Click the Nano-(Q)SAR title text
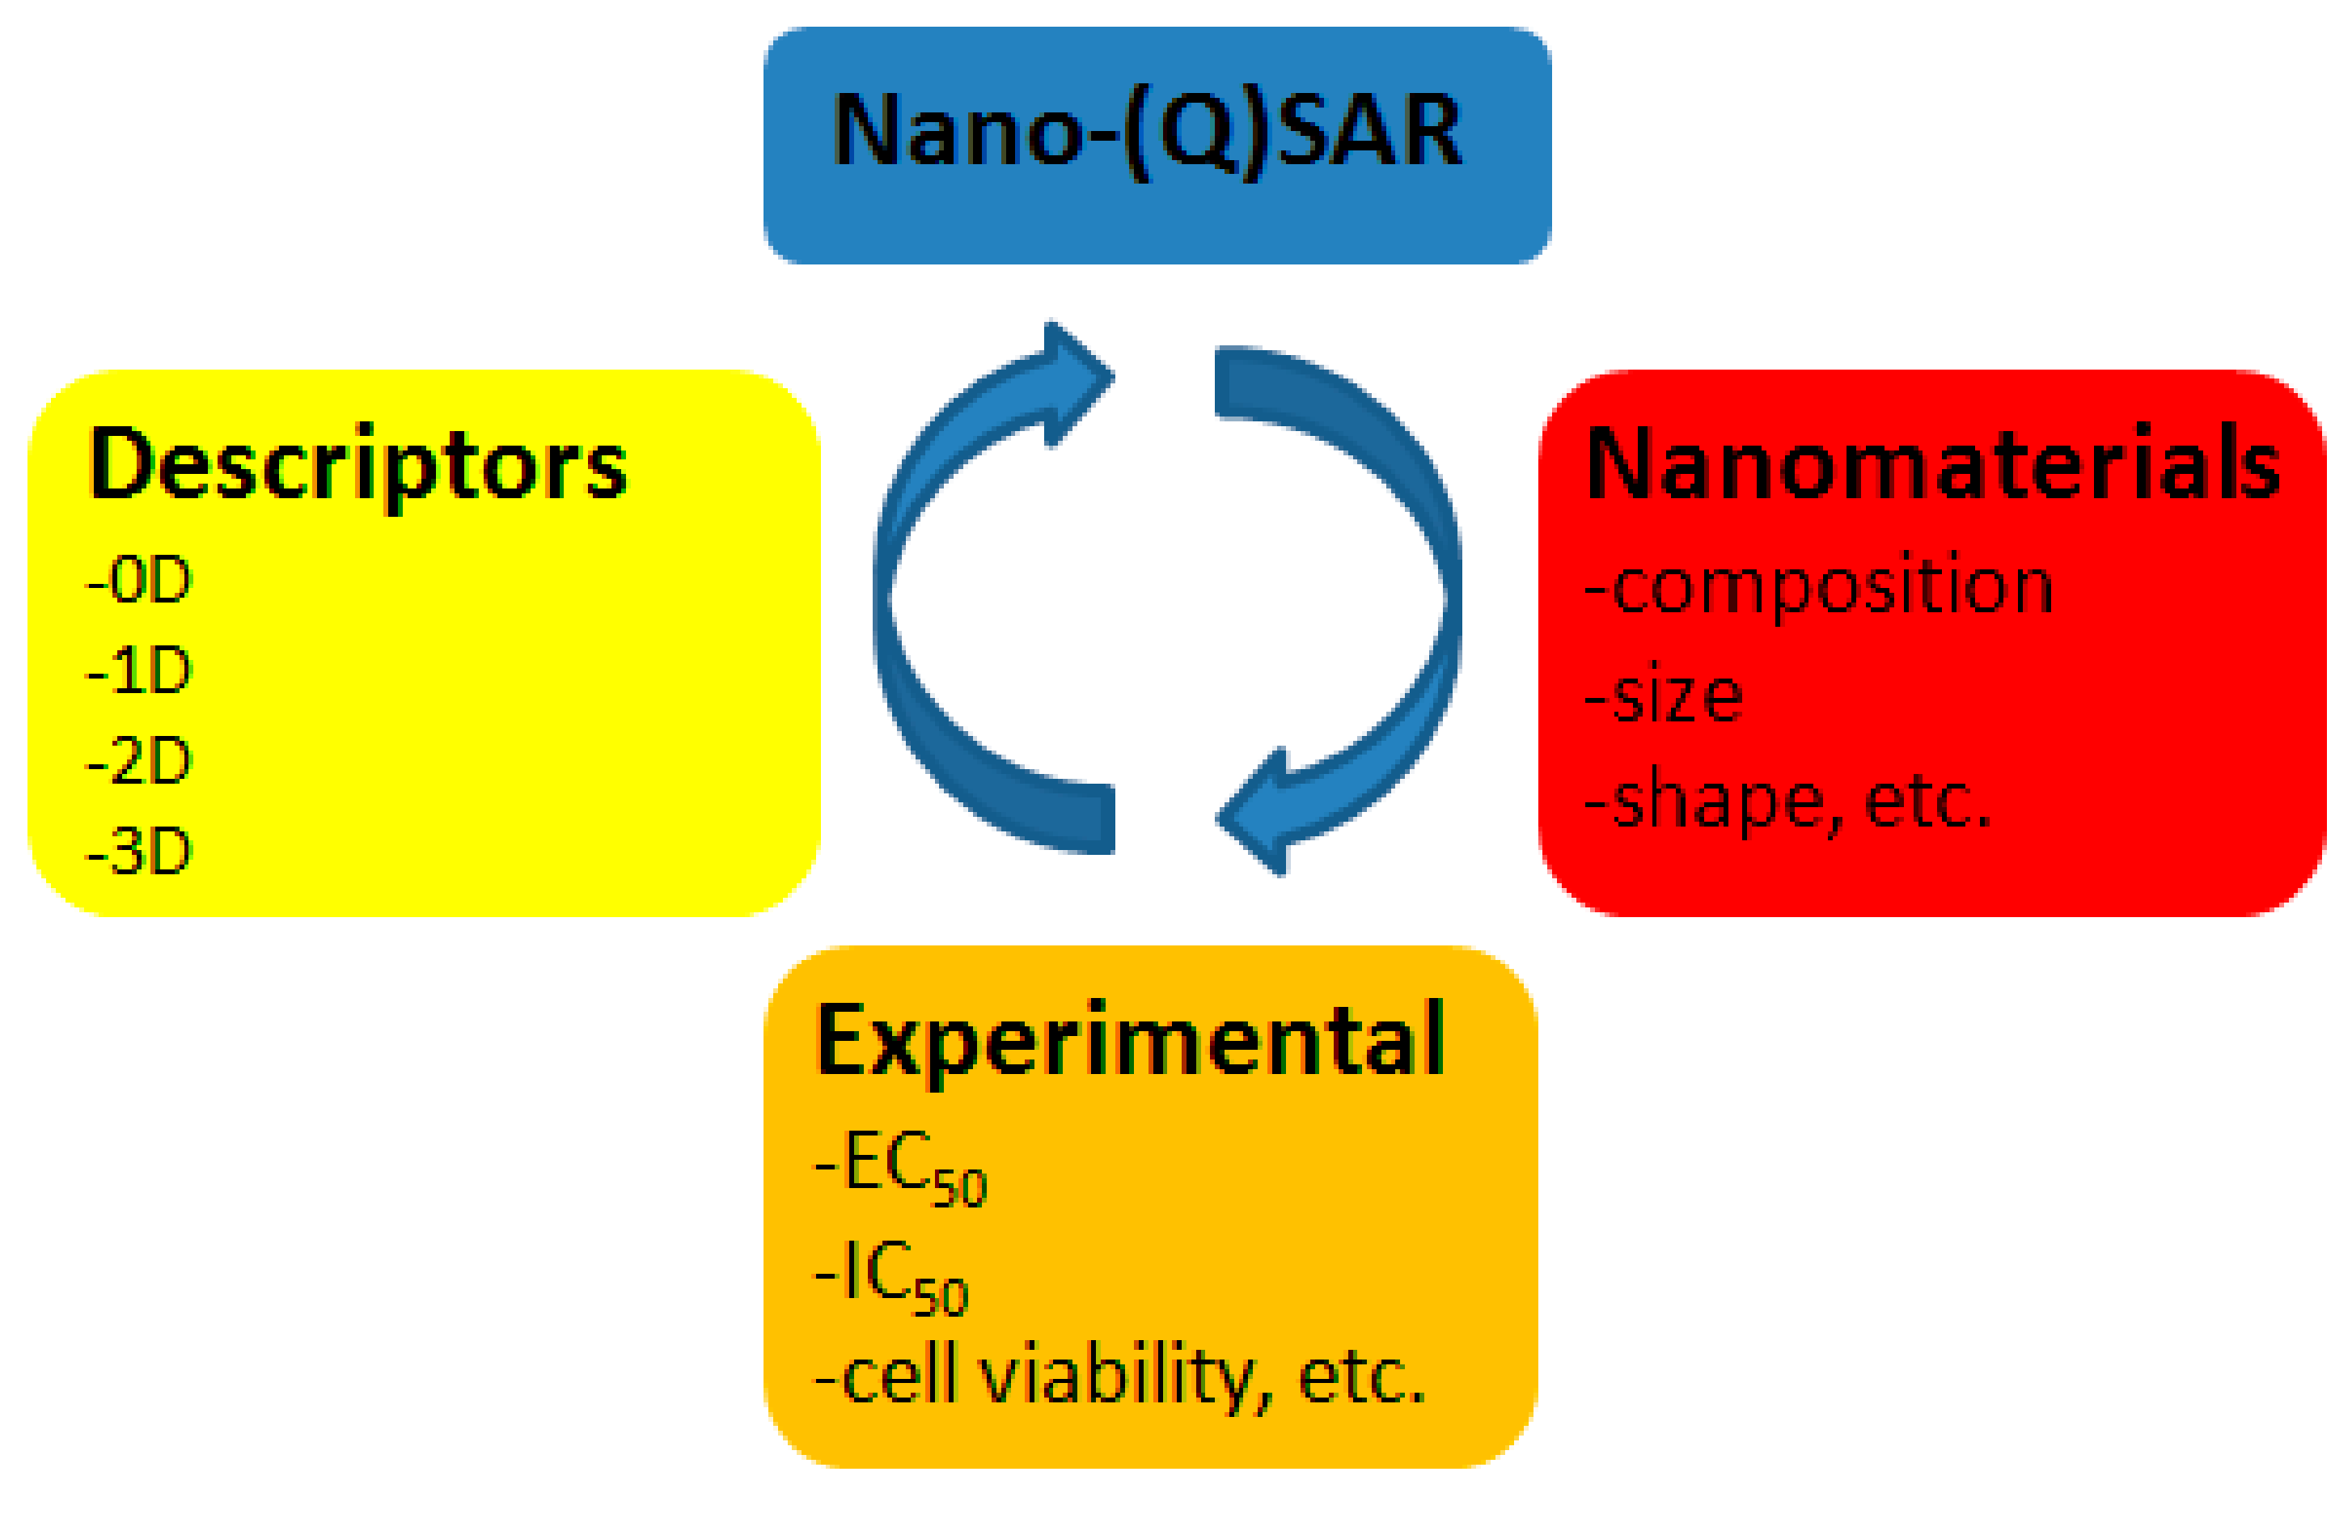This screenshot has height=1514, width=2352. tap(1147, 133)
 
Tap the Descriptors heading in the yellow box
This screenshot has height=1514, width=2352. tap(357, 465)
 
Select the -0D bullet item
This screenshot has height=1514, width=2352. tap(140, 581)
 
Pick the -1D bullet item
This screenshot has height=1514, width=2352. tap(140, 671)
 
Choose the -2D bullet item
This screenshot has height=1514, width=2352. tap(140, 762)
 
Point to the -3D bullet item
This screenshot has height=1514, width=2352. tap(140, 852)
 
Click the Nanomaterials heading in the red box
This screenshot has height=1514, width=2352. tap(1932, 465)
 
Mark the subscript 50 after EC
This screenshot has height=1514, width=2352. tap(959, 1187)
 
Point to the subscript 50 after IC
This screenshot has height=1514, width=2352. tap(941, 1296)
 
